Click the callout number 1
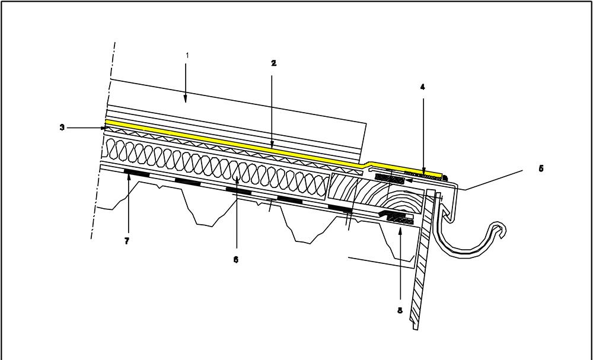[187, 55]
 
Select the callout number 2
[273, 62]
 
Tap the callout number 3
[62, 127]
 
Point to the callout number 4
[422, 87]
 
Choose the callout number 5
[540, 168]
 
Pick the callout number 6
[235, 259]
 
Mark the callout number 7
[127, 241]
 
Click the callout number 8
[399, 310]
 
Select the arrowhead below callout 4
[424, 173]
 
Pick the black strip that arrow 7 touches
[136, 173]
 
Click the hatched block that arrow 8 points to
[400, 220]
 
